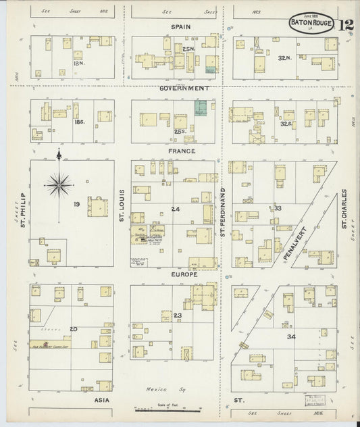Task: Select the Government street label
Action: (x=184, y=88)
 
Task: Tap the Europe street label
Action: (x=184, y=275)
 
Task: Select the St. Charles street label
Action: (x=344, y=209)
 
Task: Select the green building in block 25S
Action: (x=201, y=108)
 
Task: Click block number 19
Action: (x=77, y=203)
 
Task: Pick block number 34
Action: (x=291, y=336)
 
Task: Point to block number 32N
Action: (x=283, y=59)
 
